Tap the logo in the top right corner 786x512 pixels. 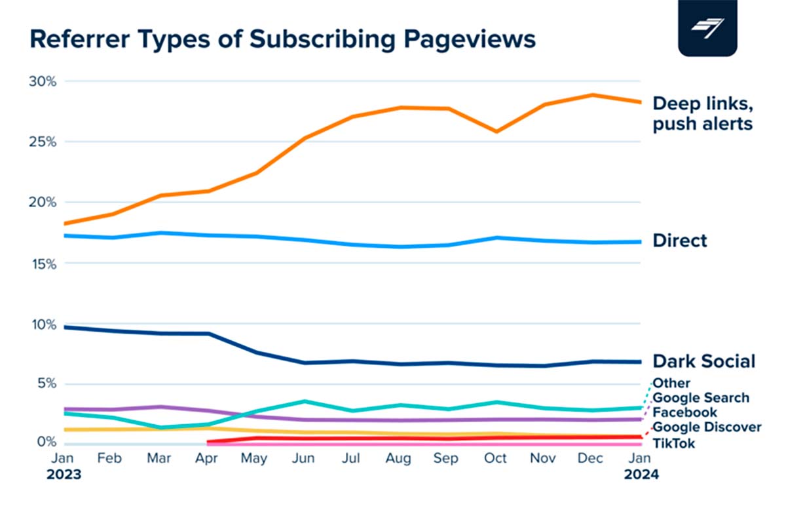coord(708,29)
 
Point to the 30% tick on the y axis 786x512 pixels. coord(44,81)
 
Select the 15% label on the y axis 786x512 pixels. coord(44,264)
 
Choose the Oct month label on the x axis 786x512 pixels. coord(496,458)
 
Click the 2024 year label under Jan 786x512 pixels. coord(640,473)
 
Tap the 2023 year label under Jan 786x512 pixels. coord(64,473)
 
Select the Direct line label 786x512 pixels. coord(680,241)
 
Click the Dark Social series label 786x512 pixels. coord(703,361)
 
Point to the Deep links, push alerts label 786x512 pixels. coord(702,113)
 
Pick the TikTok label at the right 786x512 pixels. coord(674,444)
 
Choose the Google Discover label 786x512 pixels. coord(707,427)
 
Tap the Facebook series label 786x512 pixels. coord(684,412)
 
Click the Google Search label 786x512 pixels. coord(701,398)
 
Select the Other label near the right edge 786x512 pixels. coord(671,384)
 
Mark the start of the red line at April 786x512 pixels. coord(208,443)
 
